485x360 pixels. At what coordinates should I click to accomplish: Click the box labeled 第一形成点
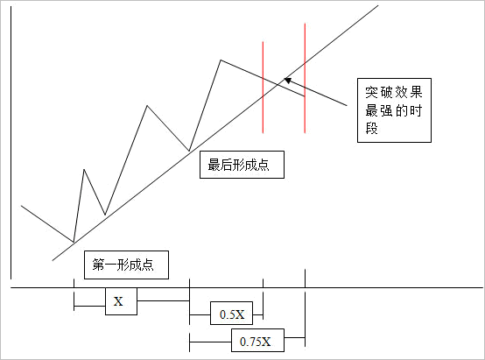click(126, 265)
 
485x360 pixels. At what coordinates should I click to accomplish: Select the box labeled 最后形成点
click(242, 165)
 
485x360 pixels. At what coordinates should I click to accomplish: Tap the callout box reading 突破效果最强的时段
click(394, 110)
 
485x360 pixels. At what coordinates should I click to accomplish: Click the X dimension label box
click(121, 301)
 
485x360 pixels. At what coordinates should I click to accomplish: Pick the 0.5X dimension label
click(231, 313)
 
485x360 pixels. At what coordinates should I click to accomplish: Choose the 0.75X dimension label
click(257, 340)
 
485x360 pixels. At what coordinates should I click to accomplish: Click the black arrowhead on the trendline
click(288, 81)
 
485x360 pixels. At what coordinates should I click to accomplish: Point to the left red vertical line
click(263, 88)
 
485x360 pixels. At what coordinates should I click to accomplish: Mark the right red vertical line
click(305, 78)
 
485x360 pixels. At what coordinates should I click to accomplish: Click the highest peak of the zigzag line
click(221, 60)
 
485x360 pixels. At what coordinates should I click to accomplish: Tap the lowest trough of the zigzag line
click(74, 242)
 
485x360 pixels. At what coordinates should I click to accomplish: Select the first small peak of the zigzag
click(84, 169)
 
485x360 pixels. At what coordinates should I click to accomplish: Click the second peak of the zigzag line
click(147, 106)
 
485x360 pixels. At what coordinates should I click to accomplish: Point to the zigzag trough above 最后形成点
click(189, 151)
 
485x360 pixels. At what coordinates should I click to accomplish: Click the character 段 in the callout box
click(372, 128)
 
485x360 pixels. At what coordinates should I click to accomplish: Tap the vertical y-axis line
click(11, 143)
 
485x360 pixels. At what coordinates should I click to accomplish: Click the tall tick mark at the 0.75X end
click(305, 308)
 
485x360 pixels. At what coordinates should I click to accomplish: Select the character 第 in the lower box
click(98, 265)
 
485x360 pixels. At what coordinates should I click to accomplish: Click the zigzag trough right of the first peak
click(105, 215)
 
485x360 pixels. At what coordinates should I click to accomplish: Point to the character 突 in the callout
click(372, 92)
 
